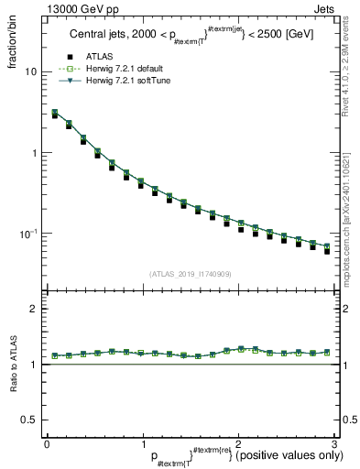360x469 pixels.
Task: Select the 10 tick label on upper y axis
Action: (x=30, y=71)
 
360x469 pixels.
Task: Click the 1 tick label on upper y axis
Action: (x=33, y=153)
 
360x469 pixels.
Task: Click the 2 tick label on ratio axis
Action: (x=33, y=309)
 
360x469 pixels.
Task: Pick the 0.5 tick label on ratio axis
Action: (x=29, y=420)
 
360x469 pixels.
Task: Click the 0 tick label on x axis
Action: (x=47, y=443)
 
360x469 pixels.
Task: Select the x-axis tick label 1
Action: (x=142, y=443)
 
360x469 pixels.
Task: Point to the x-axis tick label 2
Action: (x=238, y=443)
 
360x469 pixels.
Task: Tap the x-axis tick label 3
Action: (x=334, y=443)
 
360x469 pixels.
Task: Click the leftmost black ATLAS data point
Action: (x=56, y=116)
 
